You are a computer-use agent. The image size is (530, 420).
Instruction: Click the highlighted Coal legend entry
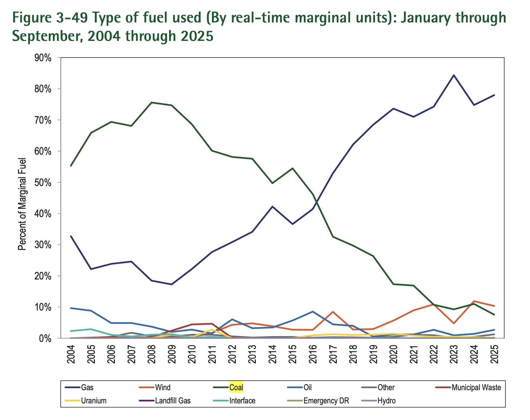[236, 387]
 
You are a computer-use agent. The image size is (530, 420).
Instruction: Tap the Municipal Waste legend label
[476, 387]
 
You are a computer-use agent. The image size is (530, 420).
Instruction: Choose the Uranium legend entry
[94, 401]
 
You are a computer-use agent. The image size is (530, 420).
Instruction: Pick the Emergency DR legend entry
[326, 401]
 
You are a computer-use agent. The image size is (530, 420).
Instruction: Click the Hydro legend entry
[386, 401]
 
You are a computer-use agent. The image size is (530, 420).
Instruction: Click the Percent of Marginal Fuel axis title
[22, 204]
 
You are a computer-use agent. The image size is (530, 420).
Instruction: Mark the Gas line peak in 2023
[454, 75]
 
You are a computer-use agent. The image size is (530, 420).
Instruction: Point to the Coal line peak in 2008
[151, 102]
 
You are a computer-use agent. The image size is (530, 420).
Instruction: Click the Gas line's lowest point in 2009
[172, 284]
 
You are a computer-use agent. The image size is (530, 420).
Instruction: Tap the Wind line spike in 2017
[333, 312]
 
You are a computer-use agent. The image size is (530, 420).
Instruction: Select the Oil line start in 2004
[71, 308]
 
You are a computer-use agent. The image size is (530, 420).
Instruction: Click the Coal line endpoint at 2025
[494, 315]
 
